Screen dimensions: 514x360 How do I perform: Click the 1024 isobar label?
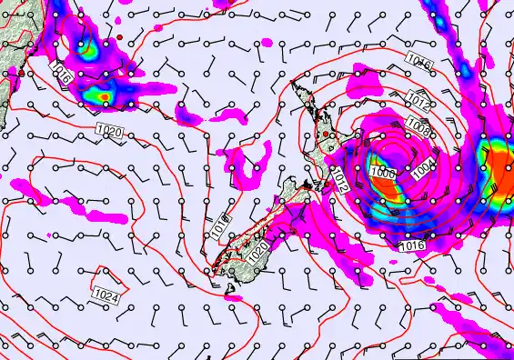pyautogui.click(x=106, y=296)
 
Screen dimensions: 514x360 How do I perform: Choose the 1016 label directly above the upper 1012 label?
pyautogui.click(x=418, y=62)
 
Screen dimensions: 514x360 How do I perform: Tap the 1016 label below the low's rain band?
pyautogui.click(x=411, y=245)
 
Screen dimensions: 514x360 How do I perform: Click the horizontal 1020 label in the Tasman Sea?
pyautogui.click(x=108, y=132)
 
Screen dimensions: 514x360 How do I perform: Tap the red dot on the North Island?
pyautogui.click(x=325, y=135)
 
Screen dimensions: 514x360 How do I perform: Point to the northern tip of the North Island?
pyautogui.click(x=293, y=84)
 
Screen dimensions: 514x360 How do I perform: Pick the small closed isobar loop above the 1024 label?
pyautogui.click(x=107, y=275)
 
